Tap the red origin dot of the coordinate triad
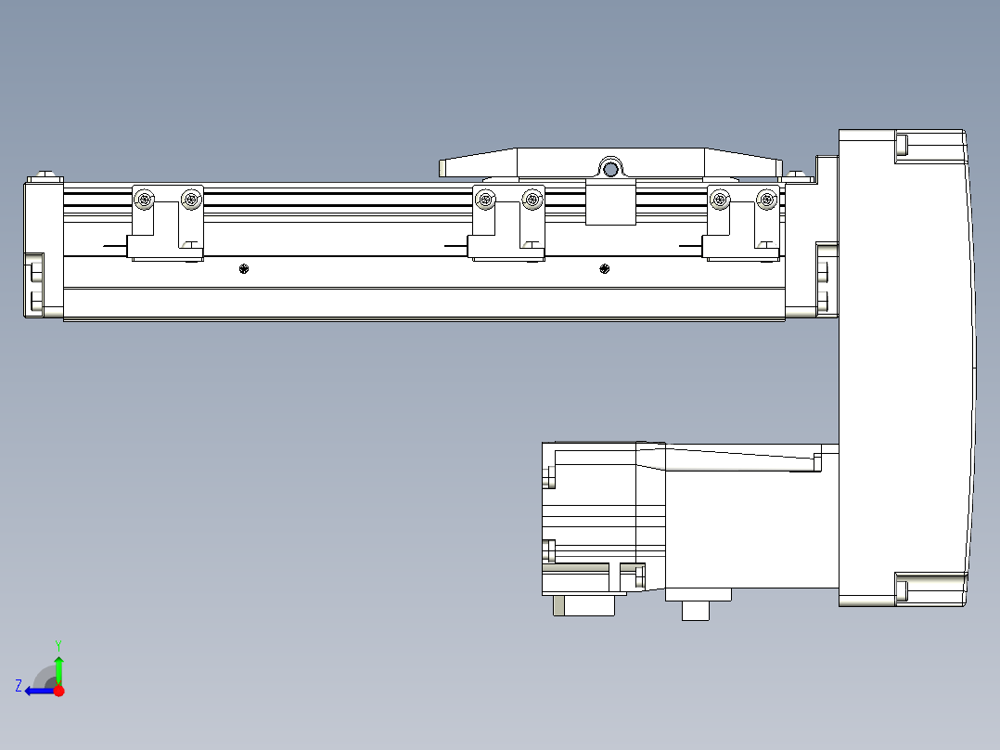[59, 691]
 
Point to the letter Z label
[19, 685]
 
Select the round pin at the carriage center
[610, 169]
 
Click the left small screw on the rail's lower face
[243, 269]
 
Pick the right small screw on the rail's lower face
[605, 269]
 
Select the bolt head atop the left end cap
[45, 175]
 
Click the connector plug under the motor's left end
[584, 605]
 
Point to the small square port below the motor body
[695, 610]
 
